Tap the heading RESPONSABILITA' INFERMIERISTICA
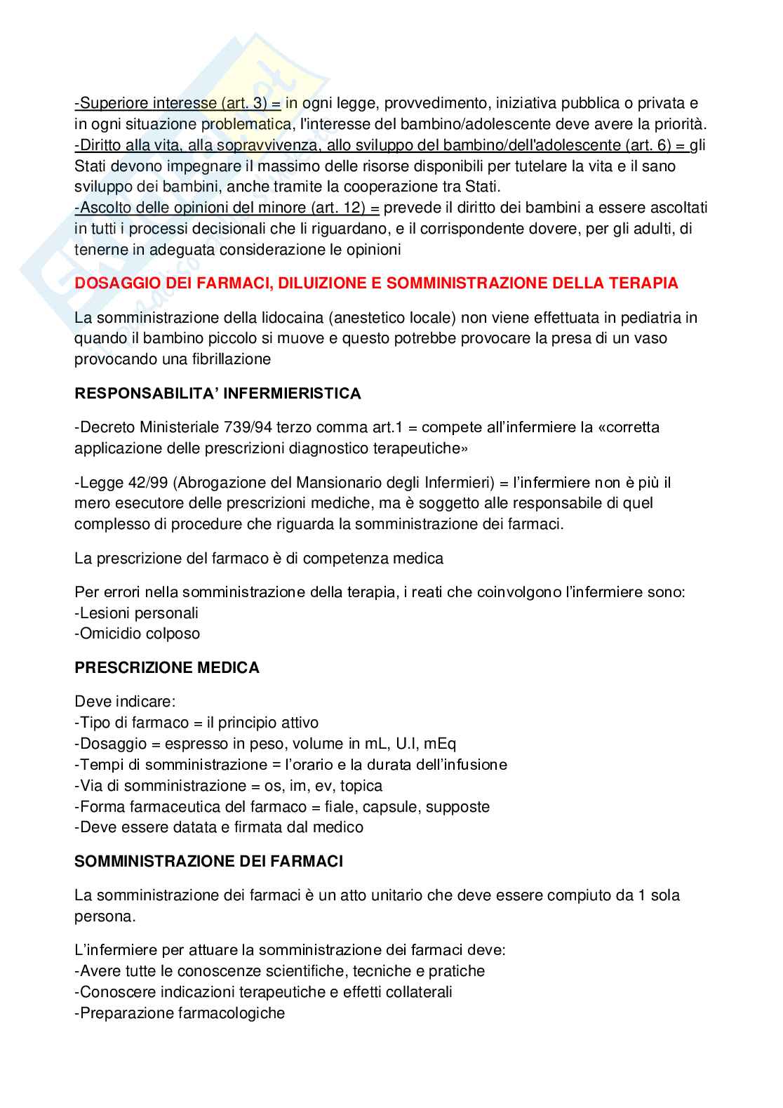point(217,394)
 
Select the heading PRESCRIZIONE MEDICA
point(167,668)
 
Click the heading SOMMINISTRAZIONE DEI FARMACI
point(209,862)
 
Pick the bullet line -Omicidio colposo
point(138,634)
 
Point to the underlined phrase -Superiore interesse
point(145,104)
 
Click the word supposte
point(457,807)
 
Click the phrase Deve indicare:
point(125,702)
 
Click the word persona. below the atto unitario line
point(105,916)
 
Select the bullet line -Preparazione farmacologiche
point(180,1013)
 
